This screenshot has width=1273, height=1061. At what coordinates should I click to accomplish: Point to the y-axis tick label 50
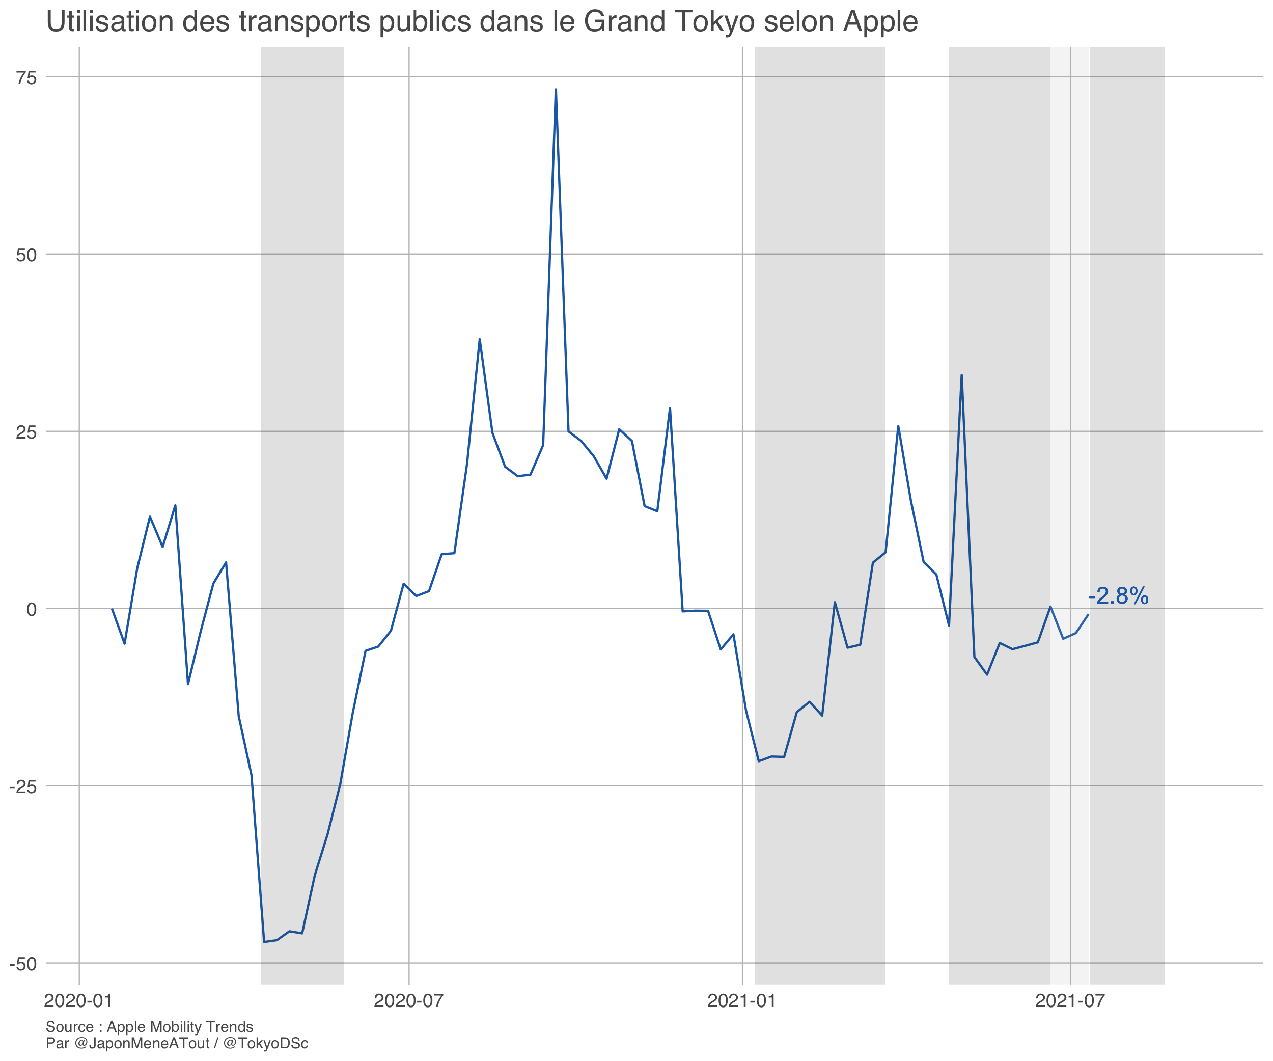pos(26,255)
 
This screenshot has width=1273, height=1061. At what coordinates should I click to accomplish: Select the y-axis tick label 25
pos(26,432)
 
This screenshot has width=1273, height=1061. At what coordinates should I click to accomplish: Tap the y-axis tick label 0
pos(32,610)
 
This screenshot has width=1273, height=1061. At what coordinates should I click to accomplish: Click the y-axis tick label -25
pos(23,787)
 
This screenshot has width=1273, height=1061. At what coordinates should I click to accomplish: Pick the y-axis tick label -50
pos(23,965)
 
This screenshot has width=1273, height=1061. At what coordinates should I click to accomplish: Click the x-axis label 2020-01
pos(78,1001)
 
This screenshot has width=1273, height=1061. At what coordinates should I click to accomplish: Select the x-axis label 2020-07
pos(408,1001)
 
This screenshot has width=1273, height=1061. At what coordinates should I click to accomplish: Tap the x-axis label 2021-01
pos(742,1001)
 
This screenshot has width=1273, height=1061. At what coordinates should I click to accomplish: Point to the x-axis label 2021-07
pos(1070,1001)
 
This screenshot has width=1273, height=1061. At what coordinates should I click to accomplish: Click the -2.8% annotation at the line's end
pos(1118,596)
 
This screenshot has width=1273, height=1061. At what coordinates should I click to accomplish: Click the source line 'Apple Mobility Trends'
pos(180,1027)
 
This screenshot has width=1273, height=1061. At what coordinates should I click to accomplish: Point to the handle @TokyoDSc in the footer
pos(265,1043)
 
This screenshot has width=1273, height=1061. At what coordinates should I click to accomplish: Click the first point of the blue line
pos(112,609)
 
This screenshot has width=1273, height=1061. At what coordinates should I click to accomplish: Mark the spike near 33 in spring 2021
pos(961,376)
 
